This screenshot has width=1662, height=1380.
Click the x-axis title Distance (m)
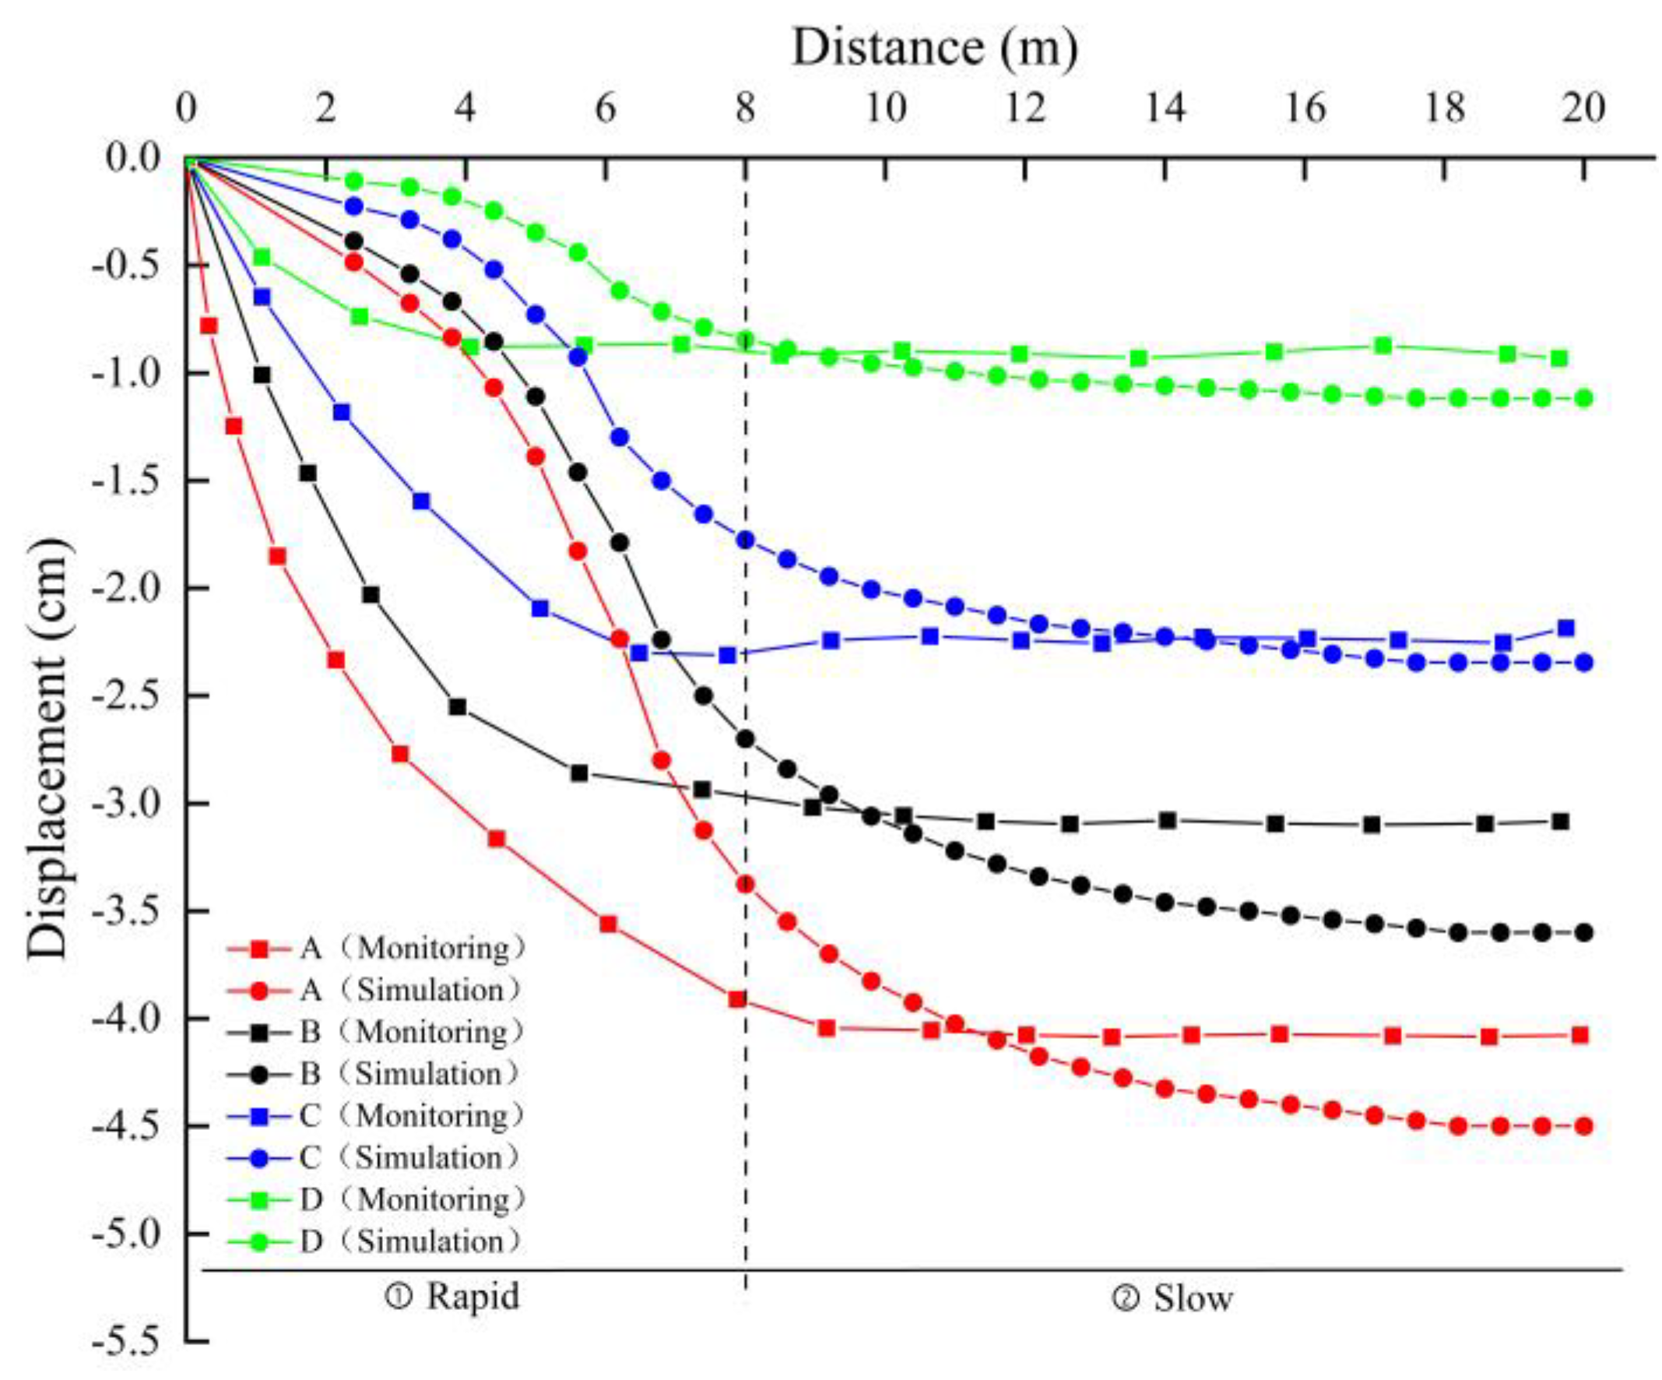(x=934, y=48)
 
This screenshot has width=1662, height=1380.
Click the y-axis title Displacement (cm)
(x=47, y=748)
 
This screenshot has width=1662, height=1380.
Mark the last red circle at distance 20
(x=1583, y=1126)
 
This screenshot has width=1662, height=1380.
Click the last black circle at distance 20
(x=1583, y=933)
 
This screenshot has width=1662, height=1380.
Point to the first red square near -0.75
(x=209, y=326)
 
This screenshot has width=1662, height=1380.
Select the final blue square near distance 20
(x=1565, y=628)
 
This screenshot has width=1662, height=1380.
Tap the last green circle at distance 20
(x=1583, y=398)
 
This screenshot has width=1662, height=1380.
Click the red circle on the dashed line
(x=745, y=885)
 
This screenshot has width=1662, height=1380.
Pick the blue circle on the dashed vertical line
(x=745, y=540)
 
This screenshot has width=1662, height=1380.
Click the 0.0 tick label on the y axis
(x=133, y=158)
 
